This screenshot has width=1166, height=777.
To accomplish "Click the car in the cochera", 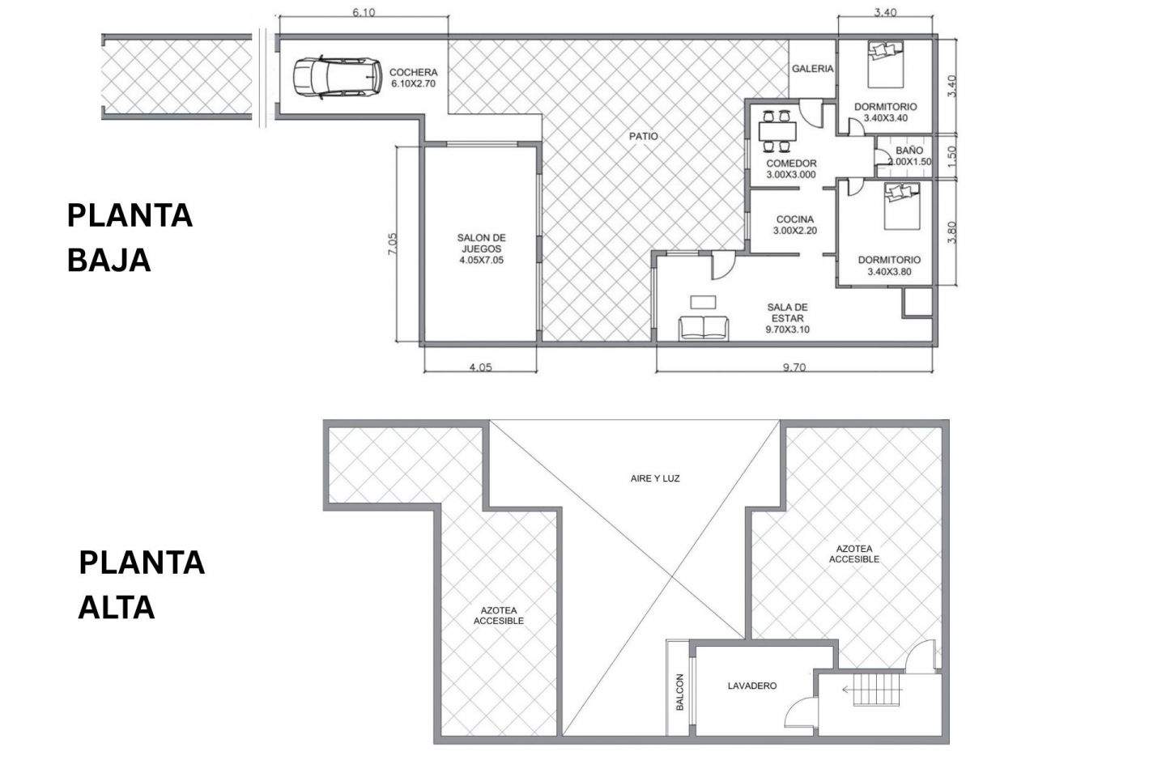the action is coord(337,77).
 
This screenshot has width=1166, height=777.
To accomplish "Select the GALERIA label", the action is coord(813,68).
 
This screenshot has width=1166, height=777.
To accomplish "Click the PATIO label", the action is coord(644,136).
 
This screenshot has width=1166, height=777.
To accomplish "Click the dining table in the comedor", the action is coord(777,130).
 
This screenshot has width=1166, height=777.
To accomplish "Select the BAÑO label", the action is coord(909,151).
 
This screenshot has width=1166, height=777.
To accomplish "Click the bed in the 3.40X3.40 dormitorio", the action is coord(886,64).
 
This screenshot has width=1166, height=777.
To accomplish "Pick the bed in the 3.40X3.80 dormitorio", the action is coord(902,206).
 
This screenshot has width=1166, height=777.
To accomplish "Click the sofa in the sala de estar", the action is coord(704,328).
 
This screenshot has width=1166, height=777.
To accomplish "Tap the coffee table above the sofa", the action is coord(703,303).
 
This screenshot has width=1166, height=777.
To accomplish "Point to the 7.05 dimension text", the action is coord(393,243).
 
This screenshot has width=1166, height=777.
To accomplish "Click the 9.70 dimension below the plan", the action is coord(794,367).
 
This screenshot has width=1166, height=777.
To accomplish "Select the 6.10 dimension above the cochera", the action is coord(364,12).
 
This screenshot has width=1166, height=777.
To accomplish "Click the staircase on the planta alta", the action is coord(877,690).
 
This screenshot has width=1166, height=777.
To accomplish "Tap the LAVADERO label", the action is coord(752,686).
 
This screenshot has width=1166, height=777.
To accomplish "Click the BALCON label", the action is coord(680,692).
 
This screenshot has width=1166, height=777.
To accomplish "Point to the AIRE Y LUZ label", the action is coord(655,478).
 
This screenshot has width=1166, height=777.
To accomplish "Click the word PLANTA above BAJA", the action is coord(130,216).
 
